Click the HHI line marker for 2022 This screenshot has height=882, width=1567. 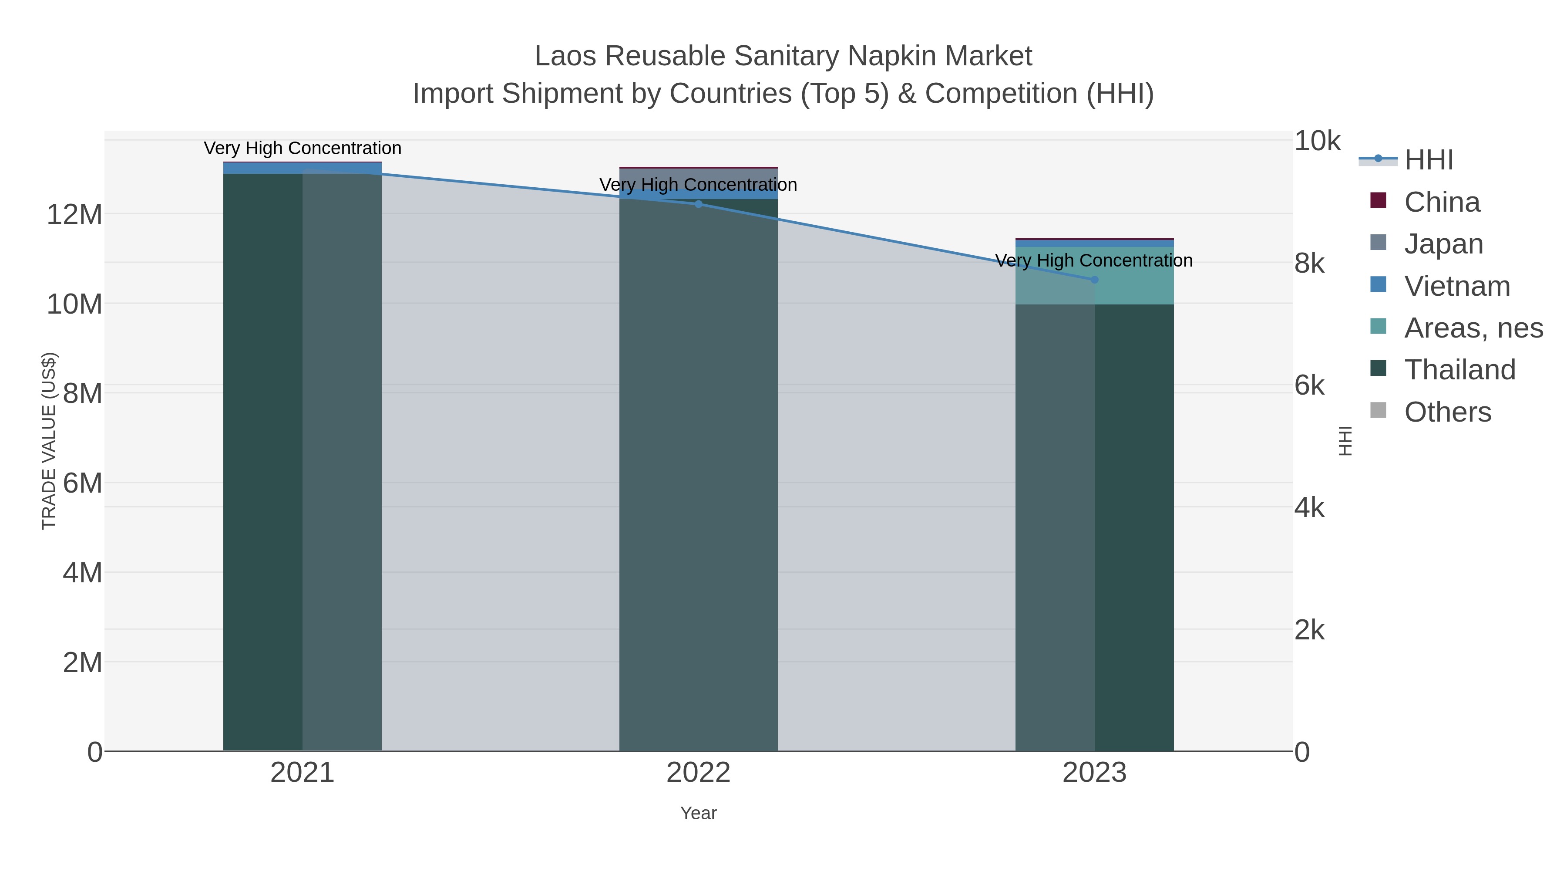(x=698, y=204)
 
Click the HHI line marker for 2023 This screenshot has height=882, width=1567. (x=1094, y=279)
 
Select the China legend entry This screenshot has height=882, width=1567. (x=1442, y=202)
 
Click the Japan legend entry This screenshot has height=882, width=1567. (x=1443, y=244)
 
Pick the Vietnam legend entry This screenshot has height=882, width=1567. (x=1457, y=286)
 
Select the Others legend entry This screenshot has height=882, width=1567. (x=1447, y=412)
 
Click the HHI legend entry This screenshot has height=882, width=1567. (x=1428, y=160)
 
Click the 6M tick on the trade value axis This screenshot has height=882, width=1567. (x=82, y=483)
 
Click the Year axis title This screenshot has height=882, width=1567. (x=698, y=813)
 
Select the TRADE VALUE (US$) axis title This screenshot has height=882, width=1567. (x=49, y=441)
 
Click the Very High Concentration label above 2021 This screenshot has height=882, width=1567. (x=303, y=148)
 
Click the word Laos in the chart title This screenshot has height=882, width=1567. (x=566, y=56)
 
